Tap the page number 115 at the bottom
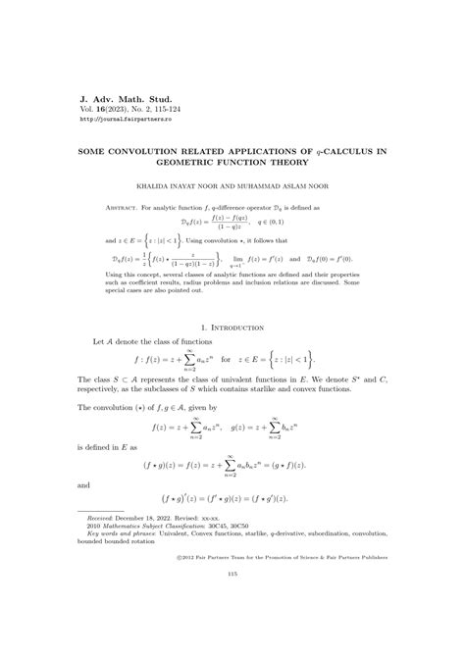(232, 629)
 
